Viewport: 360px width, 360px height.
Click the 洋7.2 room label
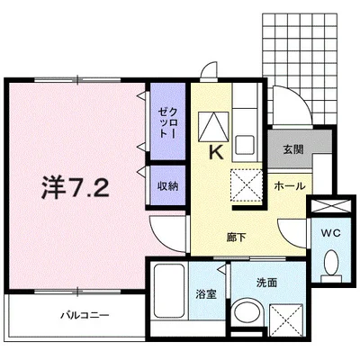point(76,189)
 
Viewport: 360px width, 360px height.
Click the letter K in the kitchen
point(216,154)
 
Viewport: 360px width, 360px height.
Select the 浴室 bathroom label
point(205,292)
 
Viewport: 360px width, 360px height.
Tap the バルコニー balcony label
point(85,316)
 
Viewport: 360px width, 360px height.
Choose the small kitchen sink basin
point(245,143)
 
